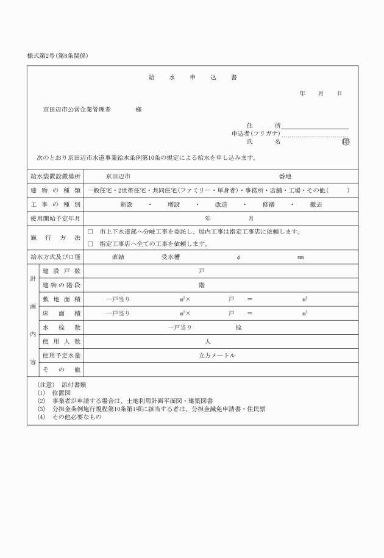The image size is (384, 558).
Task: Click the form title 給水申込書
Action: pyautogui.click(x=193, y=78)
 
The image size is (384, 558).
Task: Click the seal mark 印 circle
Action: pyautogui.click(x=346, y=141)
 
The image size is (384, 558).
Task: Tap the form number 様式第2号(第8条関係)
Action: pyautogui.click(x=58, y=55)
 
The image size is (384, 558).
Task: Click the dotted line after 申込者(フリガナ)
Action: pyautogui.click(x=315, y=134)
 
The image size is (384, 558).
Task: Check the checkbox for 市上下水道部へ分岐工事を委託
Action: pyautogui.click(x=90, y=232)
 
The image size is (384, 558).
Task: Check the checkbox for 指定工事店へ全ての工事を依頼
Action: pyautogui.click(x=90, y=244)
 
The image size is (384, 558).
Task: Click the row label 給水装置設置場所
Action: pyautogui.click(x=55, y=176)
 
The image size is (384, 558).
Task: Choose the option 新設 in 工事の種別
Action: pyautogui.click(x=126, y=204)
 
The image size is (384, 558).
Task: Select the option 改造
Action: pyautogui.click(x=221, y=204)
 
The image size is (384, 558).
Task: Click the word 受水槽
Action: pyautogui.click(x=170, y=257)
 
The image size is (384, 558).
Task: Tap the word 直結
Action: pyautogui.click(x=118, y=257)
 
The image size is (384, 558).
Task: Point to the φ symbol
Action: pyautogui.click(x=238, y=257)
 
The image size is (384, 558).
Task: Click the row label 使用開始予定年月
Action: pyautogui.click(x=55, y=218)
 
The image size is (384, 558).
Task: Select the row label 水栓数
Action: pyautogui.click(x=62, y=327)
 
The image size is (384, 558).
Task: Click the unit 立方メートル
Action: pyautogui.click(x=217, y=356)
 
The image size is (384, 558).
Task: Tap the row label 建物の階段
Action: pyautogui.click(x=62, y=285)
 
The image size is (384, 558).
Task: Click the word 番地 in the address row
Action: pyautogui.click(x=285, y=176)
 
